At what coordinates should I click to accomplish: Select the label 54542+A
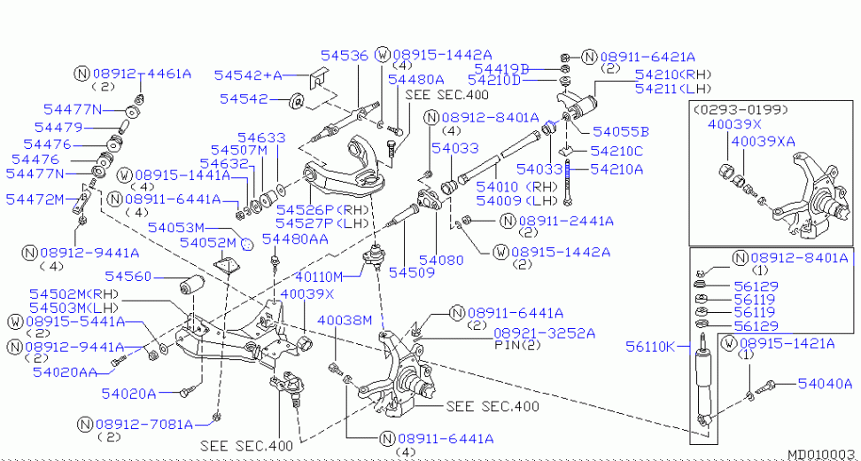[x=247, y=76]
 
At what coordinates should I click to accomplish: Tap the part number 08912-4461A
[x=142, y=73]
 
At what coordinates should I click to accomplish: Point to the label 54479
[x=58, y=128]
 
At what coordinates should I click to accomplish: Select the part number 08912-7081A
[x=145, y=424]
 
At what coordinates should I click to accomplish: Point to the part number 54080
[x=440, y=260]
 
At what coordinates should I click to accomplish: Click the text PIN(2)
[x=518, y=346]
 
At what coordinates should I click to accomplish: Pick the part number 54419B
[x=501, y=68]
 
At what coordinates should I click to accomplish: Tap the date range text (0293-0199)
[x=741, y=110]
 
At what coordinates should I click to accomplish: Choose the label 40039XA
[x=764, y=141]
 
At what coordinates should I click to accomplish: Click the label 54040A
[x=825, y=383]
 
